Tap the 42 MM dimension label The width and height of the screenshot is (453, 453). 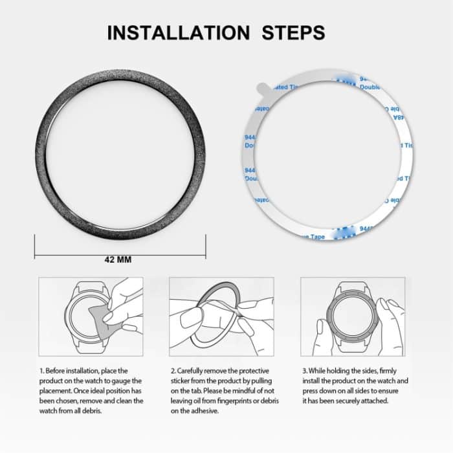click(x=118, y=260)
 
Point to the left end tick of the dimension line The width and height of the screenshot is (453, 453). click(x=34, y=247)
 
